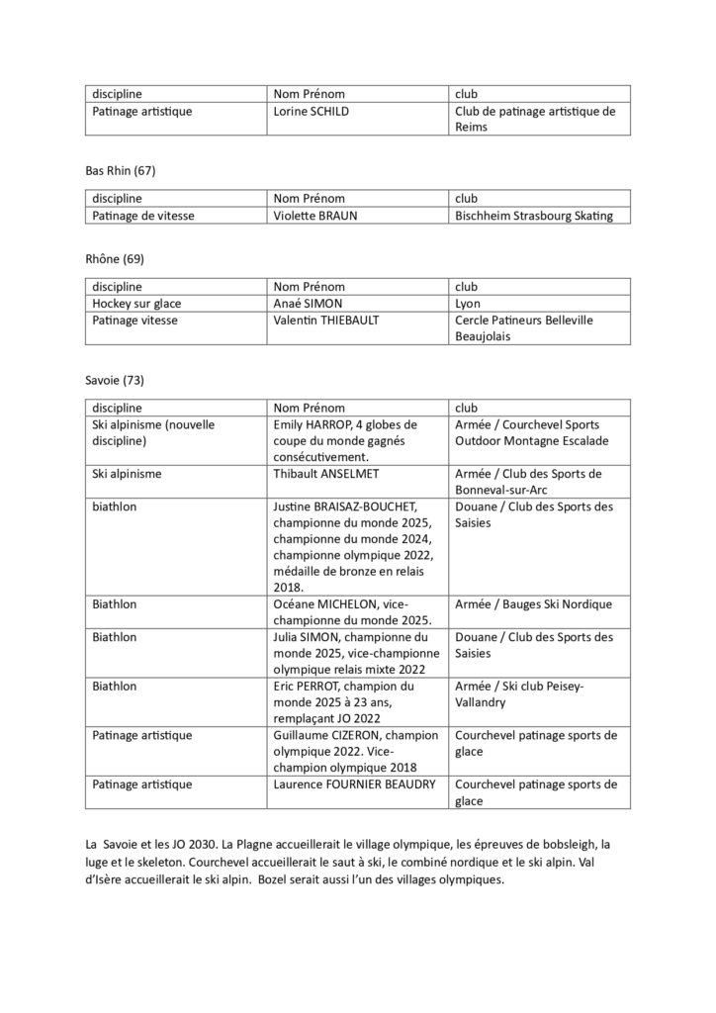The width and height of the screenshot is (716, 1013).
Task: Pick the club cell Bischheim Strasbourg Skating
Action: [534, 216]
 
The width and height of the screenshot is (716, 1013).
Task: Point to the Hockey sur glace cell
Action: [135, 304]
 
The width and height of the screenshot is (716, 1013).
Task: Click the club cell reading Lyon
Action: [468, 304]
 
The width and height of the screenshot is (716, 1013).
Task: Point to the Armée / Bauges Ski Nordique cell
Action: [533, 603]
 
